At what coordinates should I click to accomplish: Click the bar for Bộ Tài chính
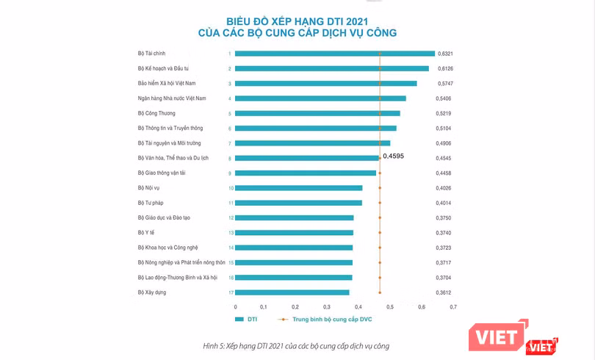click(335, 54)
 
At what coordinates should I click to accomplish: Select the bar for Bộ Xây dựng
click(292, 292)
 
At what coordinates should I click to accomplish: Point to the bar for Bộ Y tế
click(295, 233)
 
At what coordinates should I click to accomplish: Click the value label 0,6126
click(445, 68)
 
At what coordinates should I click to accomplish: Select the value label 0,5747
click(445, 84)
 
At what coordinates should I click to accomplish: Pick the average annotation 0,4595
click(394, 156)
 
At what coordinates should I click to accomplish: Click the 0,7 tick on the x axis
click(452, 306)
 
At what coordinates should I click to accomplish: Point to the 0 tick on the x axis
click(235, 306)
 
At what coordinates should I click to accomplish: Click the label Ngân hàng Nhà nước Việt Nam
click(172, 98)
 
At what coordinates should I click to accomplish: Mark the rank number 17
click(230, 292)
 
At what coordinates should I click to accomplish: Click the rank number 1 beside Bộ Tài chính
click(230, 54)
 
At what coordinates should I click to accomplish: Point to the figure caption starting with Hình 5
click(297, 345)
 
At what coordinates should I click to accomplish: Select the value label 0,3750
click(445, 218)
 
